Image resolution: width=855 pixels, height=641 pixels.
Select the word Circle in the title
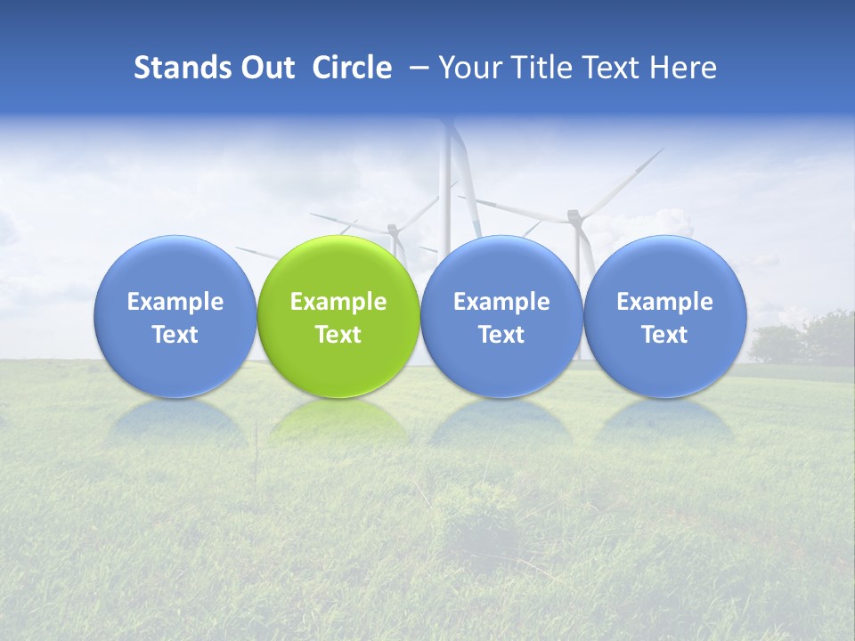tap(352, 68)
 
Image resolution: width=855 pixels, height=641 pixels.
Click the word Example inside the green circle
tap(338, 302)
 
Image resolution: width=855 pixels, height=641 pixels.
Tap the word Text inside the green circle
tap(338, 335)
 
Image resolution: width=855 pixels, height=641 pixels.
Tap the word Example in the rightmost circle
tap(665, 302)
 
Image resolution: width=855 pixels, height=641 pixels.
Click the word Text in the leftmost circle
tap(175, 335)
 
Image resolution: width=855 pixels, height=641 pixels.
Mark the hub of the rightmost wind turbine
tap(575, 215)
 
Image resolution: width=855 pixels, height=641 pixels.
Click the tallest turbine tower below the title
tap(446, 196)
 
